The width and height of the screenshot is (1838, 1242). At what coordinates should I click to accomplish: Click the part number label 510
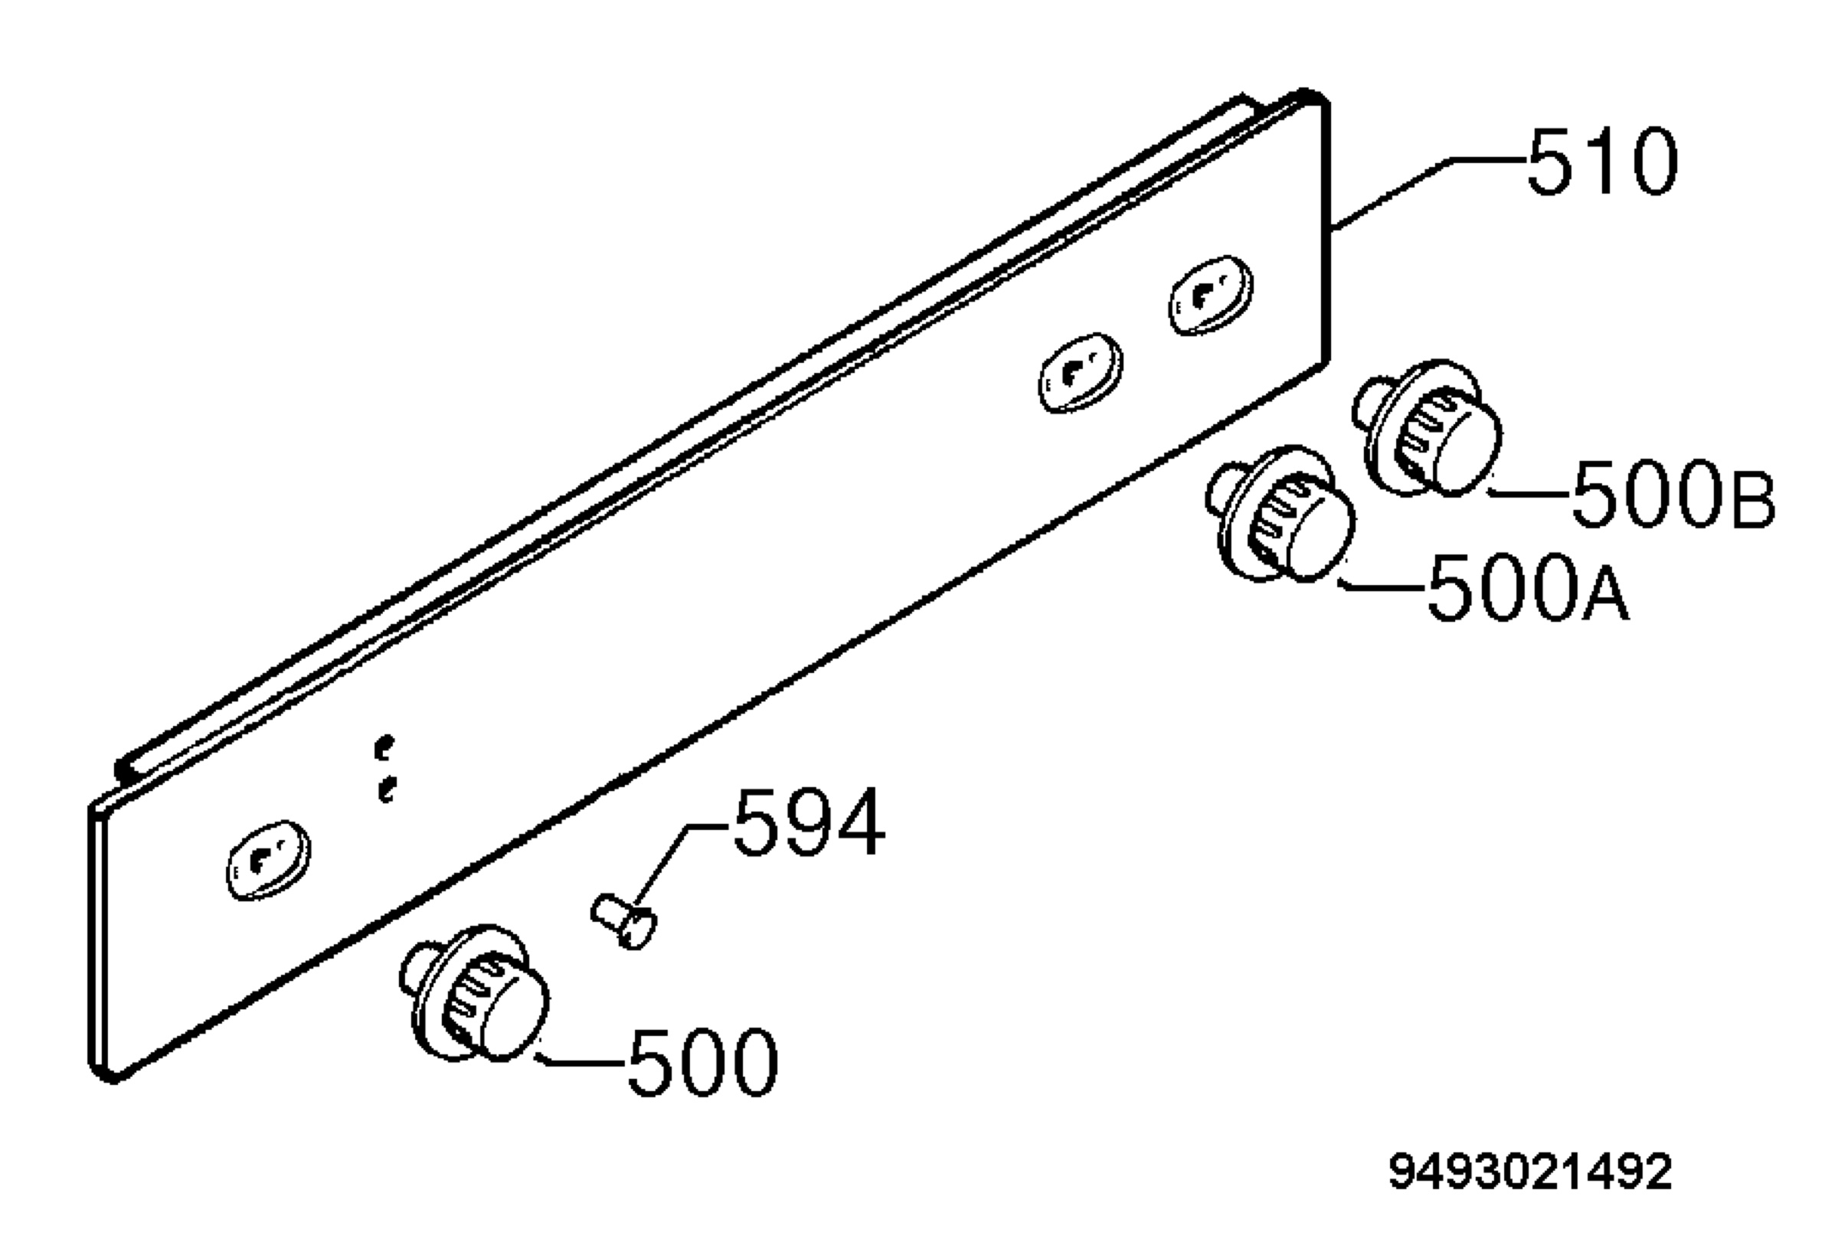click(x=1601, y=162)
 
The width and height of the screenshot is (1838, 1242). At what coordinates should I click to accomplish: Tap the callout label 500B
click(x=1673, y=494)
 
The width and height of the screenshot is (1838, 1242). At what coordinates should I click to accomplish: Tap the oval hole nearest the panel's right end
click(x=1211, y=295)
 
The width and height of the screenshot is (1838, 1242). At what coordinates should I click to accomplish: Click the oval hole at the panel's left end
click(x=268, y=860)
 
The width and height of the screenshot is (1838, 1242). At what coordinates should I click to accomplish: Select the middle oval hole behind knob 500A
click(x=1081, y=372)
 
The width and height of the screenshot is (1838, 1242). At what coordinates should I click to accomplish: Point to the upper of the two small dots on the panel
click(x=384, y=747)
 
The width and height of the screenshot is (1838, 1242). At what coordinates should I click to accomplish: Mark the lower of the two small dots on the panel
click(x=386, y=789)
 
